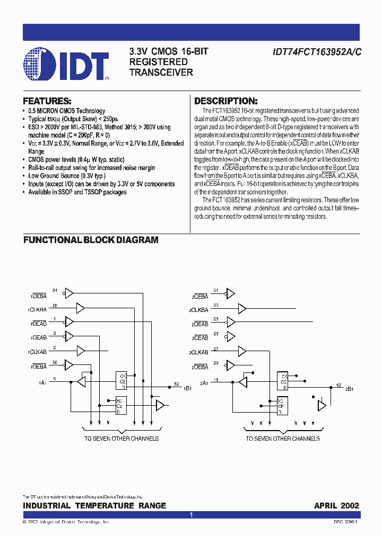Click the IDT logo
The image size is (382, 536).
(x=66, y=64)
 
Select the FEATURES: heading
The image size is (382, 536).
(x=47, y=101)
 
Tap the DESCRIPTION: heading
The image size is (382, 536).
(x=226, y=101)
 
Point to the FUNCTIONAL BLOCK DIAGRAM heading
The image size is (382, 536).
(x=91, y=240)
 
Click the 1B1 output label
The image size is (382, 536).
(x=187, y=389)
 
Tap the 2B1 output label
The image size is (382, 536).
(x=349, y=389)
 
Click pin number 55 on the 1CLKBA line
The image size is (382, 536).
(x=55, y=306)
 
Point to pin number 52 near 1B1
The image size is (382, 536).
(x=176, y=383)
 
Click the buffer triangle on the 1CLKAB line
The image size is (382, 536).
(x=81, y=351)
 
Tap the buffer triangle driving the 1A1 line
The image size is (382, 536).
(x=81, y=381)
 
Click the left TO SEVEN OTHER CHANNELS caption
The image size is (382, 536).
(x=121, y=439)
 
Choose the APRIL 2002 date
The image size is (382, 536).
(x=336, y=506)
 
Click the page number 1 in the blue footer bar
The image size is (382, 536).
(x=191, y=515)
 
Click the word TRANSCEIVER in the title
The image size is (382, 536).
(x=161, y=72)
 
